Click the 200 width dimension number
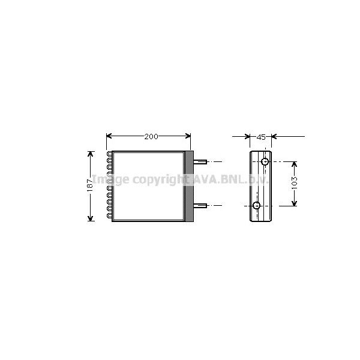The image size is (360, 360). [x=151, y=137]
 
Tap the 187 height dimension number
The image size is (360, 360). [x=89, y=185]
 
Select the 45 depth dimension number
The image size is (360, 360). [x=261, y=137]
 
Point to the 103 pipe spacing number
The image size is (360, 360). [x=293, y=183]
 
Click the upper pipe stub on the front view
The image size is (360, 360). [x=200, y=162]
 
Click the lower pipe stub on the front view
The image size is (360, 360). [x=200, y=206]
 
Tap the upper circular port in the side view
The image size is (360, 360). [x=264, y=162]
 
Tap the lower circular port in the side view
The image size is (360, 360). [x=257, y=206]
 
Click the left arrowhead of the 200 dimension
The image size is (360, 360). [x=109, y=137]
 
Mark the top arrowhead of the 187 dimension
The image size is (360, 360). [x=91, y=154]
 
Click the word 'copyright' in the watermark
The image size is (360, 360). [x=158, y=180]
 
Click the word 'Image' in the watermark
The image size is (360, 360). [x=111, y=179]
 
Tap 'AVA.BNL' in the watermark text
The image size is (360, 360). [x=213, y=179]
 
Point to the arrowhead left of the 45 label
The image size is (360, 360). [x=247, y=137]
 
